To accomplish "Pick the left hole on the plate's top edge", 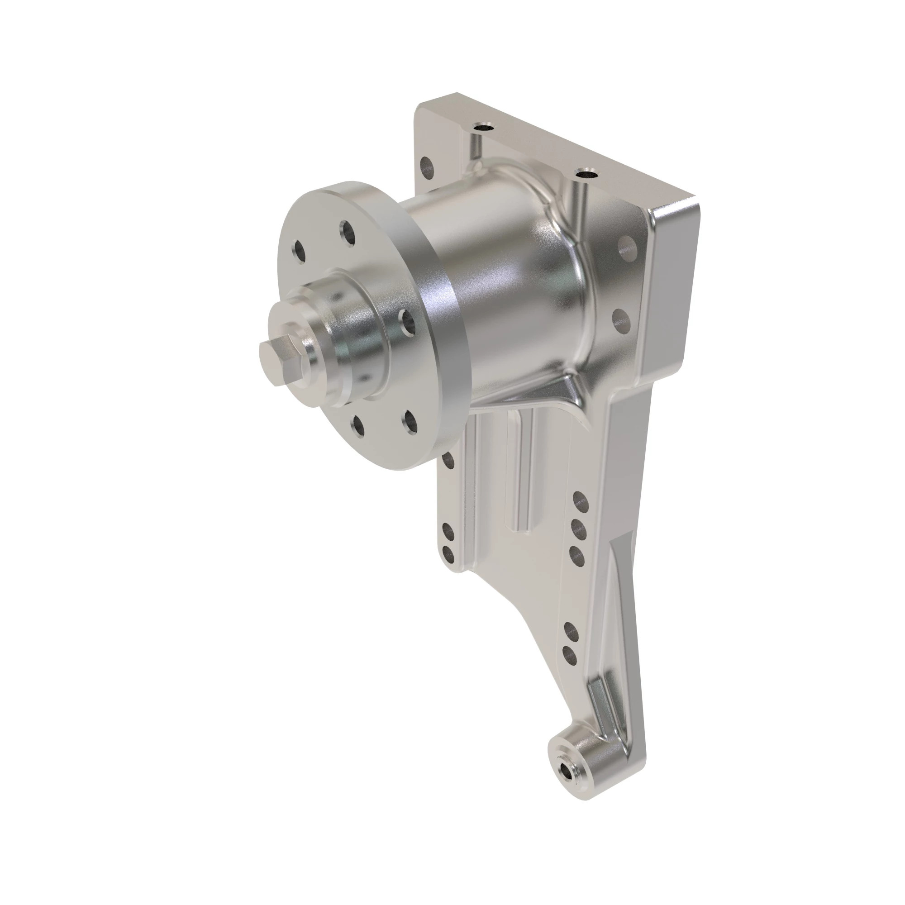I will click(483, 127).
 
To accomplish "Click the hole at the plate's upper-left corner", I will click(427, 165).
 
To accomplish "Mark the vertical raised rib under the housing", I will click(519, 473).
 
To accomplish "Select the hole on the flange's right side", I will click(407, 322).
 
